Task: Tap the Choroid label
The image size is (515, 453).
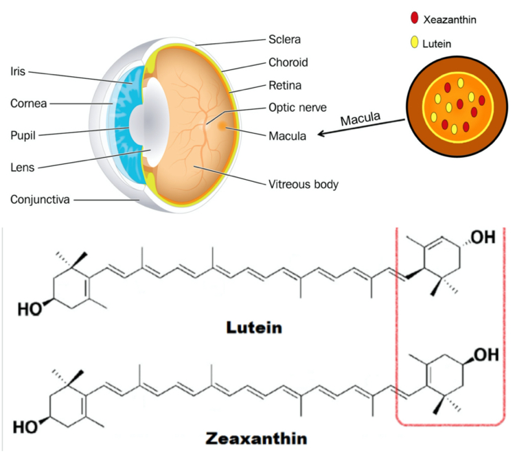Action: point(288,62)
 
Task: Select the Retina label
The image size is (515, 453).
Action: point(284,86)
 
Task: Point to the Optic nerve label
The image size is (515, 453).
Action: point(297,108)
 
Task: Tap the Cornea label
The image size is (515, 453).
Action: point(28,104)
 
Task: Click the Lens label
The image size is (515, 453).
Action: point(23,167)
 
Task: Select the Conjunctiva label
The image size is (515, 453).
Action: point(41,199)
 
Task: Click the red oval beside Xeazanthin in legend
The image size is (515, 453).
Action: point(413,19)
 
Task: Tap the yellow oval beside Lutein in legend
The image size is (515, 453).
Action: point(413,45)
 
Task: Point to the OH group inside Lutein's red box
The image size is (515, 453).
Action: point(481,238)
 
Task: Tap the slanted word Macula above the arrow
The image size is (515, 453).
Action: point(360,119)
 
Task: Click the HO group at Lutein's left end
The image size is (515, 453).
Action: point(25,310)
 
